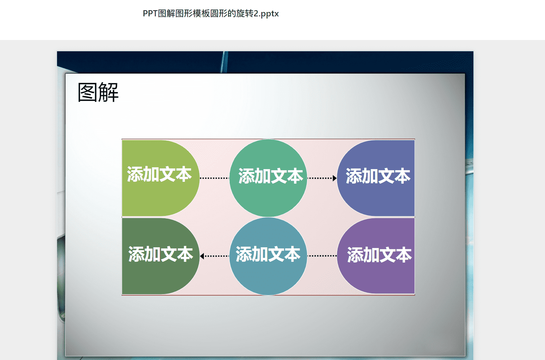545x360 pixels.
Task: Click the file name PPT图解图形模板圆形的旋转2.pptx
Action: pyautogui.click(x=211, y=14)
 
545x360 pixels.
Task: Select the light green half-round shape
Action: pyautogui.click(x=161, y=178)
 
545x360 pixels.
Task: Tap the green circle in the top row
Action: pyautogui.click(x=268, y=178)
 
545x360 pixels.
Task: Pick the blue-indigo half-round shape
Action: pyautogui.click(x=376, y=178)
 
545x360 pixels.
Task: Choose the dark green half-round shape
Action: pyautogui.click(x=161, y=256)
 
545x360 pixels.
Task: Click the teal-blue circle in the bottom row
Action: pyautogui.click(x=268, y=256)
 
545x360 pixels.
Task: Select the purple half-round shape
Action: pyautogui.click(x=376, y=256)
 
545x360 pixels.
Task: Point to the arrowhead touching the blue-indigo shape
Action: pyautogui.click(x=335, y=178)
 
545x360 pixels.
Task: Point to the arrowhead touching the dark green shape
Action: pyautogui.click(x=202, y=256)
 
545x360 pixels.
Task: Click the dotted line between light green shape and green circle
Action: pyautogui.click(x=214, y=178)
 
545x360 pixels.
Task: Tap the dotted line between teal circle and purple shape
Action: pyautogui.click(x=322, y=256)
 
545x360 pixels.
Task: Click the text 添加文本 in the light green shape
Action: pyautogui.click(x=160, y=174)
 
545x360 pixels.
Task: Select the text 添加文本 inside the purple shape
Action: pyautogui.click(x=379, y=255)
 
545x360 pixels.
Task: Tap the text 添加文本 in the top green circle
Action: pyautogui.click(x=271, y=176)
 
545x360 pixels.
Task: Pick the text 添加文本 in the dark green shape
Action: pyautogui.click(x=161, y=254)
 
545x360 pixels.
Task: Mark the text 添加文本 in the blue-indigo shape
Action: pyautogui.click(x=378, y=176)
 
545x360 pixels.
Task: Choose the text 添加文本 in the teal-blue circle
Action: pyautogui.click(x=268, y=254)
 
